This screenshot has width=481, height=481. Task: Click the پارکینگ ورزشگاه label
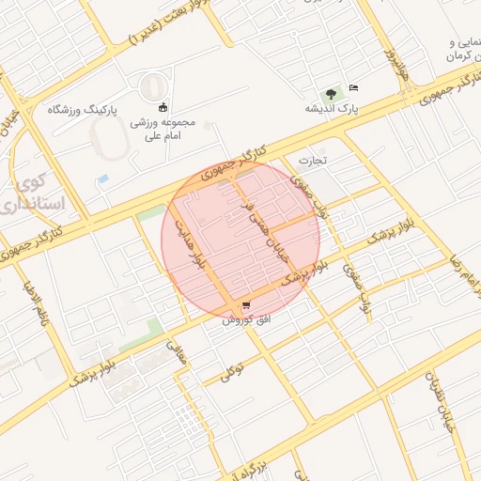pos(83,110)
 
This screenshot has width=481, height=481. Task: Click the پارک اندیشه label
pos(331,109)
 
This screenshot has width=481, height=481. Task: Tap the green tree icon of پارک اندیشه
pos(331,93)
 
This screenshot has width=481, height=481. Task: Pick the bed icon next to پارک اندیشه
pos(353,88)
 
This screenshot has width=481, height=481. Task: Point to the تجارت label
pos(311,160)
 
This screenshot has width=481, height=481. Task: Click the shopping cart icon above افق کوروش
pos(246,306)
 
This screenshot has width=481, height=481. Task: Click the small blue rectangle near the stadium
pos(103,178)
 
